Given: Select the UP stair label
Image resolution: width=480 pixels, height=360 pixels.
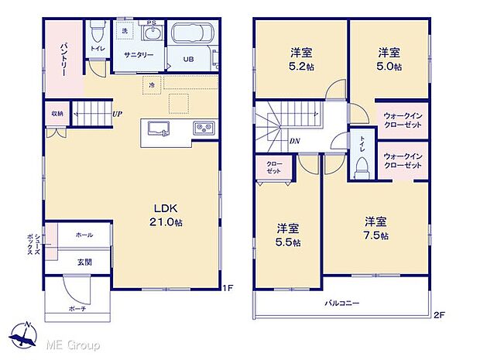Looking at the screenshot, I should (116, 115).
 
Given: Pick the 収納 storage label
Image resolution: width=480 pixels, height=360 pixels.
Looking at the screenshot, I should (58, 114).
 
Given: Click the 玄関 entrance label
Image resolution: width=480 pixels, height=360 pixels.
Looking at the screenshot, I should (84, 262).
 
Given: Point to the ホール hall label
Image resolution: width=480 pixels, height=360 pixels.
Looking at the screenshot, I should (84, 235).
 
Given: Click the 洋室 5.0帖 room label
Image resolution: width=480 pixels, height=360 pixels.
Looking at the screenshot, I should (389, 60).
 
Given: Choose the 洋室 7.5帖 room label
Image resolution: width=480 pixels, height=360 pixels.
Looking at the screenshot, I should (377, 229).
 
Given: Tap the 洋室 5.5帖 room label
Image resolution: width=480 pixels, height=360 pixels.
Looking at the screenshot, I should (288, 235).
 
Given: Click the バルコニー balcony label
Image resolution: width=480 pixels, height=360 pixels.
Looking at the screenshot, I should (341, 303).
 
